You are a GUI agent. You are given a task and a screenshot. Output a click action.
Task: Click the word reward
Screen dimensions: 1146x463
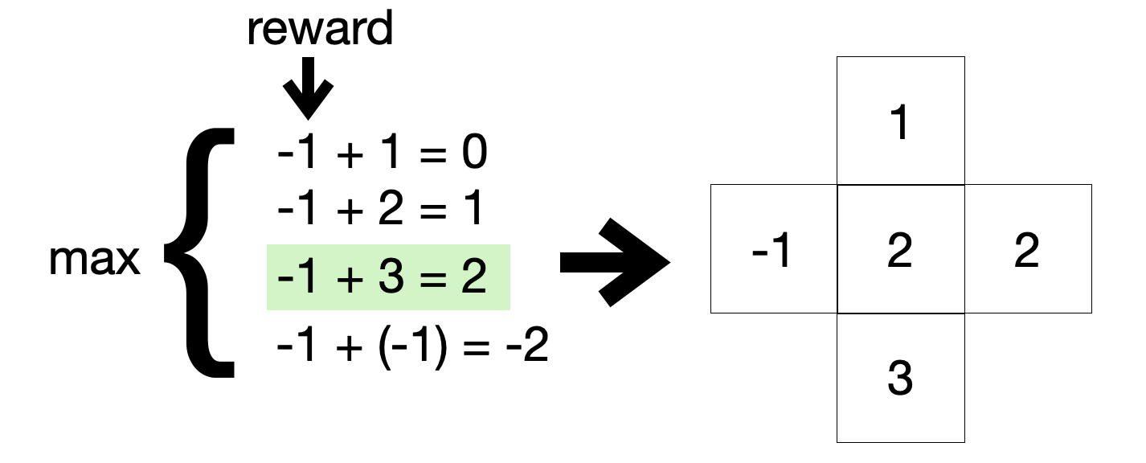(x=320, y=29)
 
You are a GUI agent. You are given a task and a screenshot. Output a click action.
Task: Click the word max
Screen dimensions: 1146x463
(x=95, y=260)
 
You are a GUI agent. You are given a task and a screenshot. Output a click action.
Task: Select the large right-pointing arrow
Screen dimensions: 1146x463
(x=614, y=262)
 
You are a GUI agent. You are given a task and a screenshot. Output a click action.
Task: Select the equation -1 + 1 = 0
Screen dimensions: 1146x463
(x=382, y=153)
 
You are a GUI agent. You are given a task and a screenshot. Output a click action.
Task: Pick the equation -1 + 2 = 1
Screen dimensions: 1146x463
(x=379, y=210)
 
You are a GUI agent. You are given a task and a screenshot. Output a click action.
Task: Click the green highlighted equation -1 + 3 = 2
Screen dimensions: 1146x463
(x=388, y=277)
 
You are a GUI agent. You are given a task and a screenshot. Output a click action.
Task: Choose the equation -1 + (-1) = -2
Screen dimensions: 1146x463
(x=411, y=348)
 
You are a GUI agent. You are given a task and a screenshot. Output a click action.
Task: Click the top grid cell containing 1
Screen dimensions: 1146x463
(x=900, y=121)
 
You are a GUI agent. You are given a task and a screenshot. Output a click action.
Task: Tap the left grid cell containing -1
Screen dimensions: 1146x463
(x=774, y=249)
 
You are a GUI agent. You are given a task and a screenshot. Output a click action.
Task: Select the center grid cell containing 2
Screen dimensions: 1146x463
(x=900, y=249)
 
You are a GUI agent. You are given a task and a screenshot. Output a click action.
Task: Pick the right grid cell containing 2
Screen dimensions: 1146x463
(x=1027, y=249)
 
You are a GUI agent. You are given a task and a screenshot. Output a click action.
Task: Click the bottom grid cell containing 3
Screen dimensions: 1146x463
(x=900, y=378)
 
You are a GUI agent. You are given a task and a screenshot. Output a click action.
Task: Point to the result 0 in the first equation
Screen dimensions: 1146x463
(x=473, y=153)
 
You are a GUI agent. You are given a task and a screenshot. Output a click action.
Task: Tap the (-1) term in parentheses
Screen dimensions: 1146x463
(x=411, y=348)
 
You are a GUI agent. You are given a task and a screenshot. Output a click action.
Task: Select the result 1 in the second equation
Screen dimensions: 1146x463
(x=472, y=210)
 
